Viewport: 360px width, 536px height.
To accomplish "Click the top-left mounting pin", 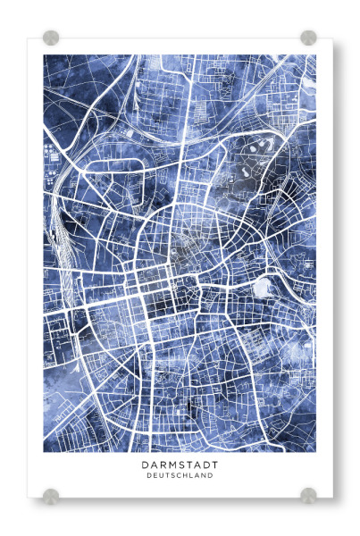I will (51, 38).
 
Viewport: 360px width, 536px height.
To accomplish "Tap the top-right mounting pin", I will (308, 38).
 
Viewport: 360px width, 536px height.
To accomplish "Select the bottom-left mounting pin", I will (51, 494).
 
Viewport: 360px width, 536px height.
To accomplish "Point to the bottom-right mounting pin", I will (308, 494).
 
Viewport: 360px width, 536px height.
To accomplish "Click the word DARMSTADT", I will (180, 465).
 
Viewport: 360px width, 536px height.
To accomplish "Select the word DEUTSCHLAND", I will (180, 476).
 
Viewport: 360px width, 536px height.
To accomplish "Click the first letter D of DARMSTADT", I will (144, 465).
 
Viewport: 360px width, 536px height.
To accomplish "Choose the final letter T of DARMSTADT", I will (215, 465).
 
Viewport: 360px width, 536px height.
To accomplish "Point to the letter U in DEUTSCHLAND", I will (161, 476).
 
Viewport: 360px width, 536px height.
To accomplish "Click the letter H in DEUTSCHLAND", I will (186, 476).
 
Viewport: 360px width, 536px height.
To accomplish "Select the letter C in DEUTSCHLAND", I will (180, 476).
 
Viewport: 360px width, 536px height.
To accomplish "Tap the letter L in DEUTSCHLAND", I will (192, 476).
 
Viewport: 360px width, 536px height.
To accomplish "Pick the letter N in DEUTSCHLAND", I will (205, 476).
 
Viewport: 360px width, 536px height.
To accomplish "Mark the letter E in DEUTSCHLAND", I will (155, 476).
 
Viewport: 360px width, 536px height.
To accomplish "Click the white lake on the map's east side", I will (263, 289).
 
